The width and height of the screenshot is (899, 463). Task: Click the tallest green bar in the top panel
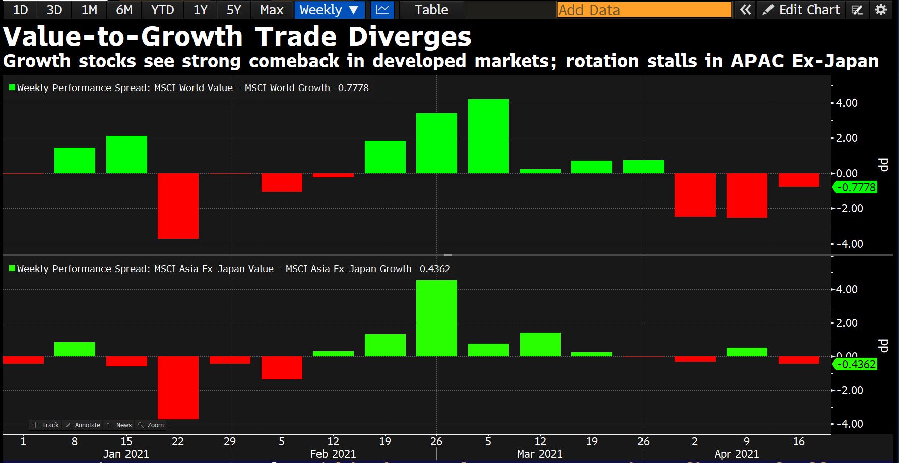pyautogui.click(x=488, y=136)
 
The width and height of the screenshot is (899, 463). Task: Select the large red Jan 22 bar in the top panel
pyautogui.click(x=178, y=205)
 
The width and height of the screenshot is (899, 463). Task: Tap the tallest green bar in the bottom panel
pyautogui.click(x=436, y=318)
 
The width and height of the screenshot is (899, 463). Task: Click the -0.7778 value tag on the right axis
pyautogui.click(x=856, y=187)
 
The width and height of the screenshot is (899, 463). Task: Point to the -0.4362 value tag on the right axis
pyautogui.click(x=856, y=364)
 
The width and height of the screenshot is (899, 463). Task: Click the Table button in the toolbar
pyautogui.click(x=431, y=10)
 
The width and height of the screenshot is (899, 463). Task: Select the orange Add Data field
pyautogui.click(x=644, y=10)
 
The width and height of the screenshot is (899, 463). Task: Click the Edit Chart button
pyautogui.click(x=802, y=10)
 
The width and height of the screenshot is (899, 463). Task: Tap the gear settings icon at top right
pyautogui.click(x=881, y=10)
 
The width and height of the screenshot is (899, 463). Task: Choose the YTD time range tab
pyautogui.click(x=162, y=10)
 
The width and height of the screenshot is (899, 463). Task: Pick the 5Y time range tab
pyautogui.click(x=233, y=10)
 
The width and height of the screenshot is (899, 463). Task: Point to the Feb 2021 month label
pyautogui.click(x=333, y=454)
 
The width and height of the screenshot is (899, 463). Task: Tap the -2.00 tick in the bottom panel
pyautogui.click(x=849, y=390)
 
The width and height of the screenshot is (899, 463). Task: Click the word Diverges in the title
pyautogui.click(x=410, y=36)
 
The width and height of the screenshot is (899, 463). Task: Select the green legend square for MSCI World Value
pyautogui.click(x=12, y=88)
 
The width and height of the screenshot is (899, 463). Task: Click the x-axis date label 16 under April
pyautogui.click(x=798, y=441)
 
